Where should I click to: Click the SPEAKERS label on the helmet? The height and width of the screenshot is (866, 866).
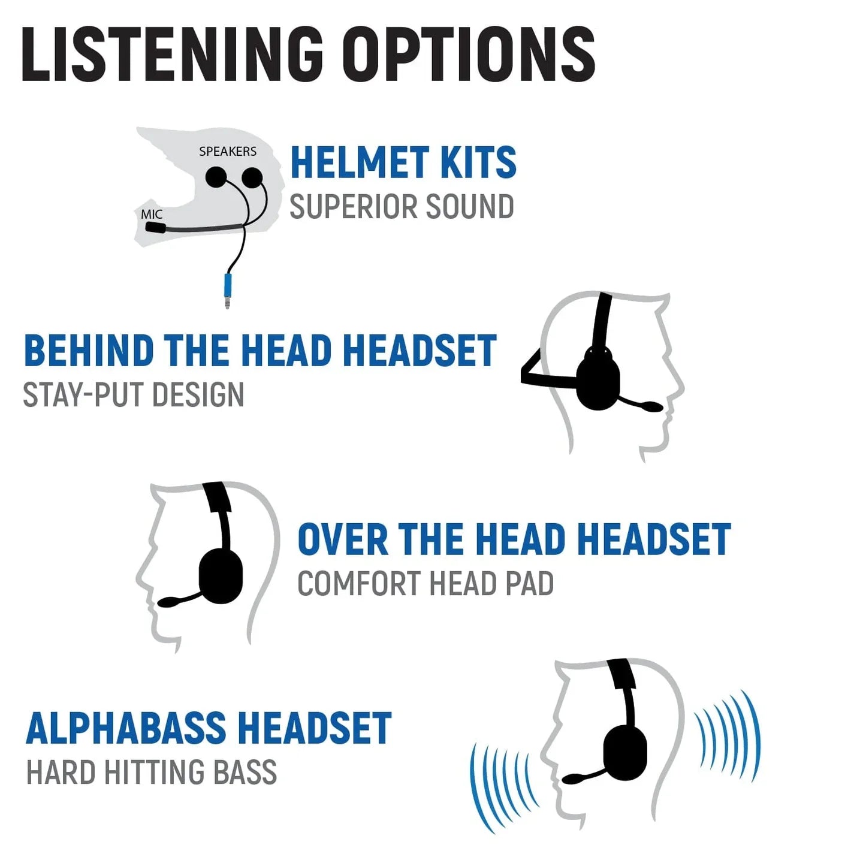click(x=228, y=152)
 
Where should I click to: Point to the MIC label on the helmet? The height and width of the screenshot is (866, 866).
click(x=152, y=214)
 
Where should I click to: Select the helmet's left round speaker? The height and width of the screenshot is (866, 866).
click(x=216, y=177)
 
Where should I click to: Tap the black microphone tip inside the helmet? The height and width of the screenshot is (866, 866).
click(x=155, y=227)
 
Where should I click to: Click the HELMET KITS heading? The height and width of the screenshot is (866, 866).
click(x=403, y=162)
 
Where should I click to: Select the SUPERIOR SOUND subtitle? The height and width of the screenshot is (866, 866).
click(x=402, y=207)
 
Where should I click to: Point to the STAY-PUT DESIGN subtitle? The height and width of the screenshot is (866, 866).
click(x=133, y=395)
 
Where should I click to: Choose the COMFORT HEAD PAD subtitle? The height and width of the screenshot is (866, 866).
click(x=426, y=584)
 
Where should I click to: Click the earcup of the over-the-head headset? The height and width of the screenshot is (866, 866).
click(x=221, y=575)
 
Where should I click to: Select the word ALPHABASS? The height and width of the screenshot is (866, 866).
click(x=125, y=729)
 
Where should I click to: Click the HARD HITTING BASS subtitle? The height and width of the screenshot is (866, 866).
click(x=152, y=772)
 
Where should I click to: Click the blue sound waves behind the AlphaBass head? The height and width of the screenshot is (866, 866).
click(x=728, y=735)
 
